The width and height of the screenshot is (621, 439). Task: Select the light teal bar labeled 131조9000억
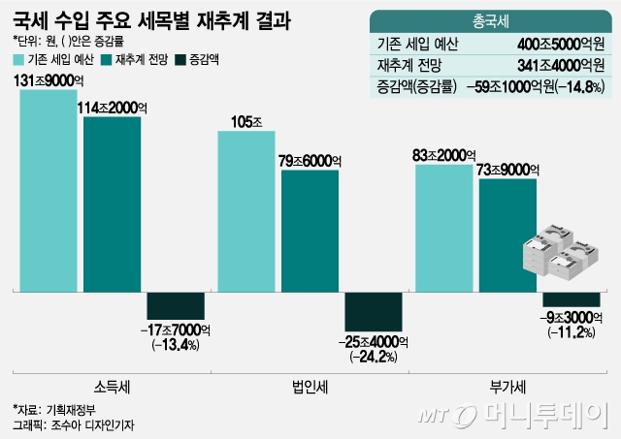pos(48,190)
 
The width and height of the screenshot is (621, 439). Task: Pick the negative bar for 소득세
pos(176,305)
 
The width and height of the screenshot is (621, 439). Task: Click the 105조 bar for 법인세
pos(246,210)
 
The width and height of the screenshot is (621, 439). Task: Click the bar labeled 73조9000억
pos(507,234)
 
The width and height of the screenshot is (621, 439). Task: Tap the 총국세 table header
pos(493,20)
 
